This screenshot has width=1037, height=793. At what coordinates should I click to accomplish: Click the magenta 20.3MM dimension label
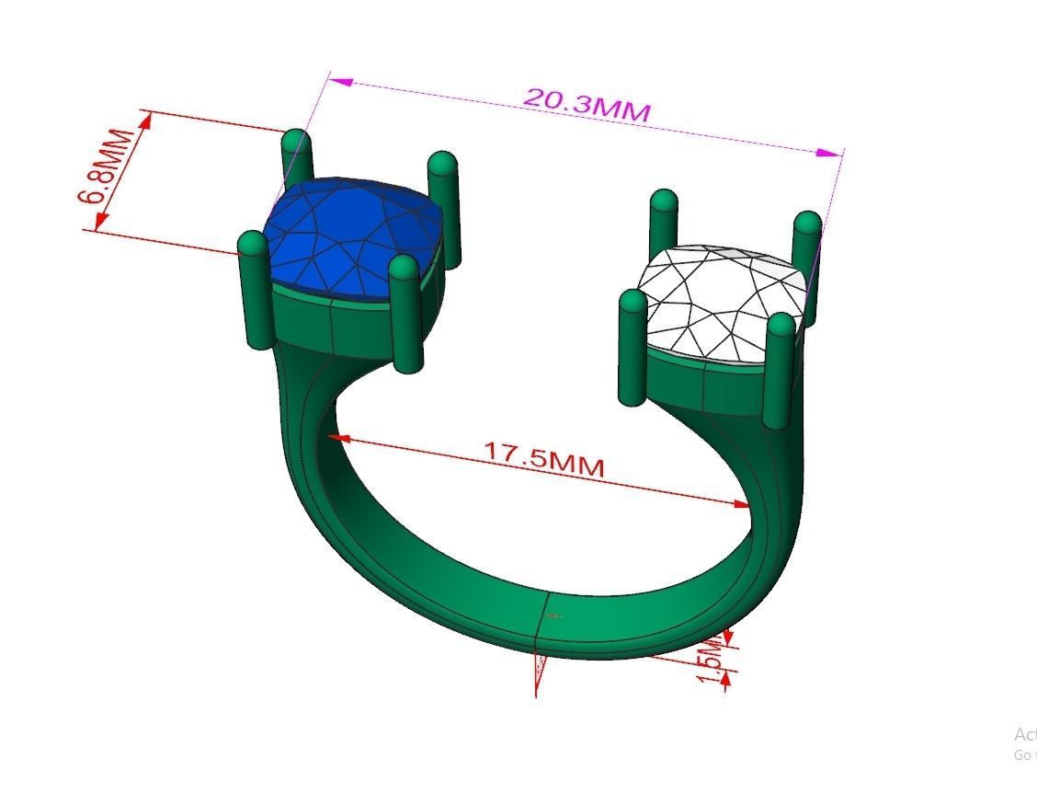point(587,104)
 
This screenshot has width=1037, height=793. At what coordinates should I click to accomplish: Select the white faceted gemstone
point(722,299)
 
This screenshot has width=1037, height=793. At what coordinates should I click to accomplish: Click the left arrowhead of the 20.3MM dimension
point(341,83)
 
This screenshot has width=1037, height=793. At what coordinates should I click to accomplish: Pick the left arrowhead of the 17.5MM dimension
point(339,439)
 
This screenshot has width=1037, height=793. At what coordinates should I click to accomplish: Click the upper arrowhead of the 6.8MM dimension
point(144,121)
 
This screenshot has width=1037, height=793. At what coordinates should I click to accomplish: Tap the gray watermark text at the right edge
point(1024,743)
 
